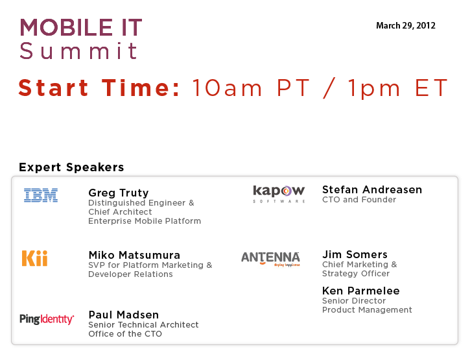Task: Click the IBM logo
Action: point(41,195)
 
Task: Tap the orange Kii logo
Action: point(35,258)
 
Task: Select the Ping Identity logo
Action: point(47,319)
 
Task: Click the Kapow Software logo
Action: point(279,194)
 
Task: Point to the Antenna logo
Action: point(270,259)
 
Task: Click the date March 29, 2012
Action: point(406,25)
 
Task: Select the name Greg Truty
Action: point(119,193)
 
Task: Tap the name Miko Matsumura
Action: point(134,255)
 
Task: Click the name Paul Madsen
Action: point(124,315)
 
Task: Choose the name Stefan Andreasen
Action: point(372,189)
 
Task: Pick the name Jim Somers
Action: point(355,254)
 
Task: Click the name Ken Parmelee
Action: point(361,291)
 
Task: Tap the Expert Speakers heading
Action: point(71,167)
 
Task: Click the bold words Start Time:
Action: point(99,88)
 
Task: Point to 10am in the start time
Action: point(227,88)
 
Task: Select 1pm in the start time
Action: point(374,88)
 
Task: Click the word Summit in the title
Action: point(78,51)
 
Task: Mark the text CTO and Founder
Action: point(359,200)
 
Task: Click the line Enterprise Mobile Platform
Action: point(145,221)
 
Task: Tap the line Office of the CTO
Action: point(125,334)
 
